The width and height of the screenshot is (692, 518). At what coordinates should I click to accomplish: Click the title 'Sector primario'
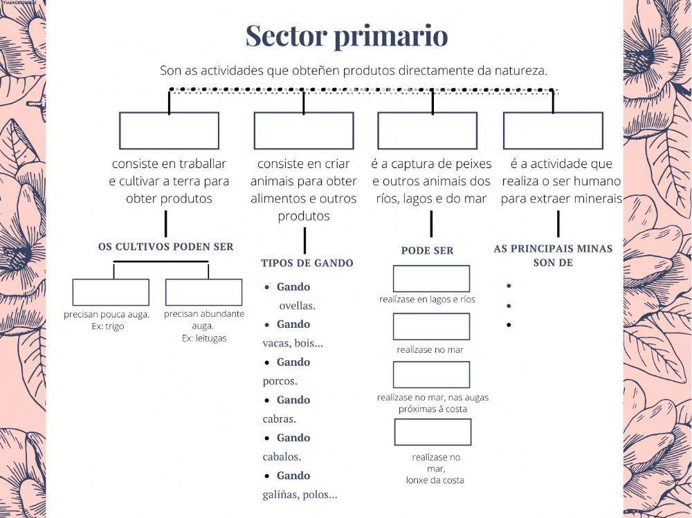pos(346,36)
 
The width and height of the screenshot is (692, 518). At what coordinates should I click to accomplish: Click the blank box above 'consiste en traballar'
pos(169,131)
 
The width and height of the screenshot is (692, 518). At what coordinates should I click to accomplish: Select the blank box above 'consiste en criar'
pos(303,131)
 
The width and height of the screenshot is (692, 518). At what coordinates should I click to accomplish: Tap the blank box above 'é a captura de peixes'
pos(427,131)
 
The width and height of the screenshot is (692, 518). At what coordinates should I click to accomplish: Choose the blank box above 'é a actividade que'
pos(552,131)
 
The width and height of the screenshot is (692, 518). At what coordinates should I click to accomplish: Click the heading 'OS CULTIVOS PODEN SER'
pos(166,247)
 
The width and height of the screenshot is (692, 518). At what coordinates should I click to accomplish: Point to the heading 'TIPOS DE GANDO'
pos(307,263)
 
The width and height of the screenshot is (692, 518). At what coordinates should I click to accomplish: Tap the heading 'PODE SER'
pos(427,251)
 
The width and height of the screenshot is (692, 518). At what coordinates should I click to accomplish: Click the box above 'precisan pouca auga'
pos(111,293)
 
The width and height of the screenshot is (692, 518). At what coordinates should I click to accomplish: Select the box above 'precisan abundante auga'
pos(203,293)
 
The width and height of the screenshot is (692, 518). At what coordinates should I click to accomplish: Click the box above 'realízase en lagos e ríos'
pos(431,279)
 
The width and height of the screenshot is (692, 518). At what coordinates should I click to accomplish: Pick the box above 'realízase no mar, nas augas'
pos(431,374)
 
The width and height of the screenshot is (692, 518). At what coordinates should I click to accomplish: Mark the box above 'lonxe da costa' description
pos(432,432)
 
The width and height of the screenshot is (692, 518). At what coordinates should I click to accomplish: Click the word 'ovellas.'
pos(298,306)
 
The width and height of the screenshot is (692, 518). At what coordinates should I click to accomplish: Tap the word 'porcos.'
pos(280,381)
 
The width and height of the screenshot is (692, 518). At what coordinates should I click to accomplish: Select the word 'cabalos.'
pos(282,457)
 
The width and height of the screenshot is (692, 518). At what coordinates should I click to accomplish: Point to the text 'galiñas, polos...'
pos(300,494)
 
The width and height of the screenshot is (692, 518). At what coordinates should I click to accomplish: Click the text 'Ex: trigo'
pos(107,326)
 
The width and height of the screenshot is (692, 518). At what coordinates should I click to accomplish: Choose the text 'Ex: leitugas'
pos(204,339)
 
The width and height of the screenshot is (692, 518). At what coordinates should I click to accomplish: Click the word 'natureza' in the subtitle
pos(520,71)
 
